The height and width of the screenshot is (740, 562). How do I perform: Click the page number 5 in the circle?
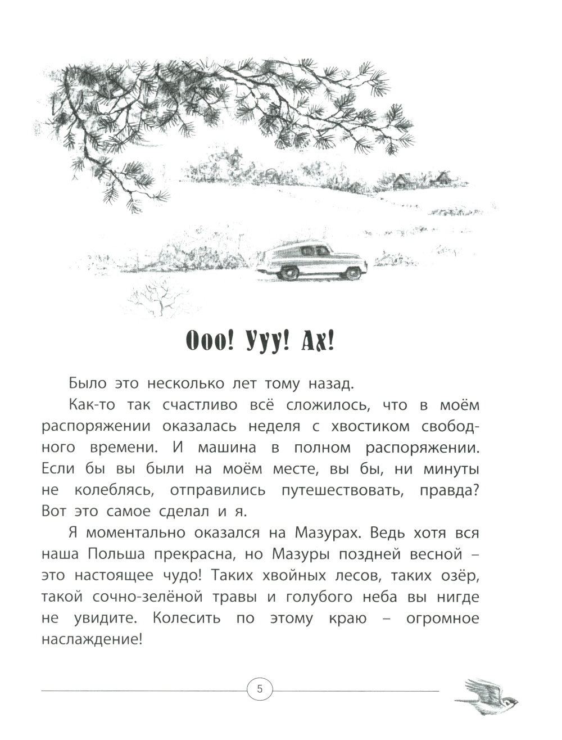259,688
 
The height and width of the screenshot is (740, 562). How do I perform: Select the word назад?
329,384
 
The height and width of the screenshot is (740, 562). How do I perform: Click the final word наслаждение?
90,640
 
